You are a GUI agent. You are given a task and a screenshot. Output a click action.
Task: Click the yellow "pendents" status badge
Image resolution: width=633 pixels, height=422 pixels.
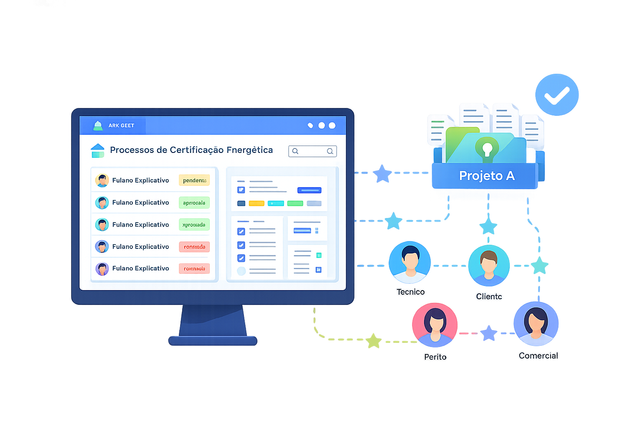194,180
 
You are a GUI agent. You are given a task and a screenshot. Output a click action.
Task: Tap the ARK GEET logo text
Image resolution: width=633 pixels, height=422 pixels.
121,126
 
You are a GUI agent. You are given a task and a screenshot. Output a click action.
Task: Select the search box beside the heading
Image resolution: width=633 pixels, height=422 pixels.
312,151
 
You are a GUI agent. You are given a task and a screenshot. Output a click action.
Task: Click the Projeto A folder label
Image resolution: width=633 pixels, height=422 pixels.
487,176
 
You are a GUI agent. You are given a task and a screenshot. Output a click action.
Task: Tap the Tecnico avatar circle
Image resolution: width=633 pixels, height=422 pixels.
410,262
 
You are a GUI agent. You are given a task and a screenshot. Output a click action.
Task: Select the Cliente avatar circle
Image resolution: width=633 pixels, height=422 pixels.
489,265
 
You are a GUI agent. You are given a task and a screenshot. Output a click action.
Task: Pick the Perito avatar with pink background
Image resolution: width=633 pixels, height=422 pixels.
435,325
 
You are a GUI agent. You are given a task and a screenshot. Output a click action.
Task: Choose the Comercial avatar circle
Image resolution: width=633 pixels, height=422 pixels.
536,324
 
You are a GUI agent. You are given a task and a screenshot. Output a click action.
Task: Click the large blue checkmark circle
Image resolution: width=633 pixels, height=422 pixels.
557,95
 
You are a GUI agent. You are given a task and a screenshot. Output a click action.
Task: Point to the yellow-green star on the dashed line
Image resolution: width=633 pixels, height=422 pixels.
373,340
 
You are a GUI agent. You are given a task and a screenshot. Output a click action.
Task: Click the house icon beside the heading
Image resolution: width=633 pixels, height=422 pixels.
97,150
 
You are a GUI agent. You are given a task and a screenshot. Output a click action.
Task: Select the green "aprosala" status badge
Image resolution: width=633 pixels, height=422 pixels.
194,203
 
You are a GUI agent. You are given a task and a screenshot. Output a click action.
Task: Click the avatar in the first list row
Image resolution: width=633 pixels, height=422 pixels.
102,181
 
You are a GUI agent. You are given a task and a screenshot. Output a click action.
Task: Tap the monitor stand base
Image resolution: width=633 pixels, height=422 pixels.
213,341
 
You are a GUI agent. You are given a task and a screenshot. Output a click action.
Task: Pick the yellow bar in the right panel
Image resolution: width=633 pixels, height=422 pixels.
256,203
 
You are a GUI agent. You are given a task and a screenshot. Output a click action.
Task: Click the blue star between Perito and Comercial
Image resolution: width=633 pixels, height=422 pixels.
489,333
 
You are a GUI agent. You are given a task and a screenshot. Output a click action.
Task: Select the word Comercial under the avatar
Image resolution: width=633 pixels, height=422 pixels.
538,356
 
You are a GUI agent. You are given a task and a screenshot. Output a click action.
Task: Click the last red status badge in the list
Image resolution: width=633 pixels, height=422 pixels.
194,269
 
